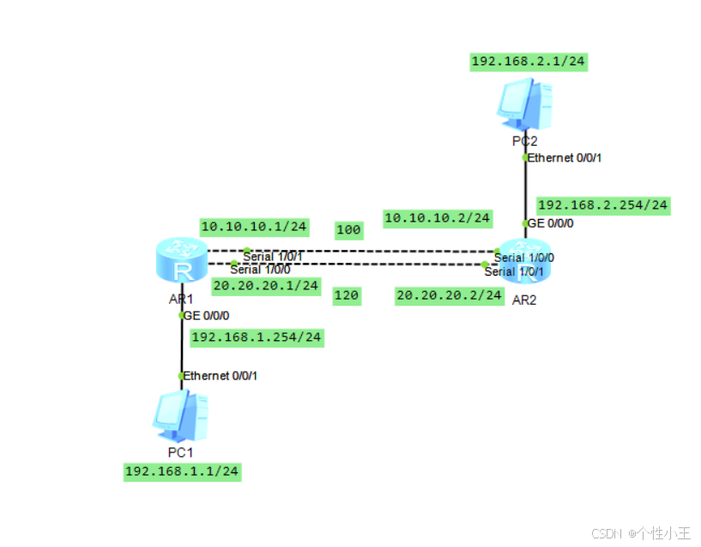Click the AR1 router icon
[182, 262]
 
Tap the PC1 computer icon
[178, 416]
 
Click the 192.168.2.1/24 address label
[529, 61]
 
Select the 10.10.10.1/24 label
[253, 227]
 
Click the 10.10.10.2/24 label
[438, 218]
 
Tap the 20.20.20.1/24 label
[265, 285]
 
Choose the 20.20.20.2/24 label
[449, 295]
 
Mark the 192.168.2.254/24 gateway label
[602, 205]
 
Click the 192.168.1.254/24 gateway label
[256, 337]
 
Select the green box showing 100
[348, 230]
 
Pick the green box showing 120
[347, 295]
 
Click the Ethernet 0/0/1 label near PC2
[565, 158]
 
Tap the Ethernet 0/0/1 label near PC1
[221, 375]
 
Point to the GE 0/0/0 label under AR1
[207, 315]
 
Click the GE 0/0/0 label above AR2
[550, 223]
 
